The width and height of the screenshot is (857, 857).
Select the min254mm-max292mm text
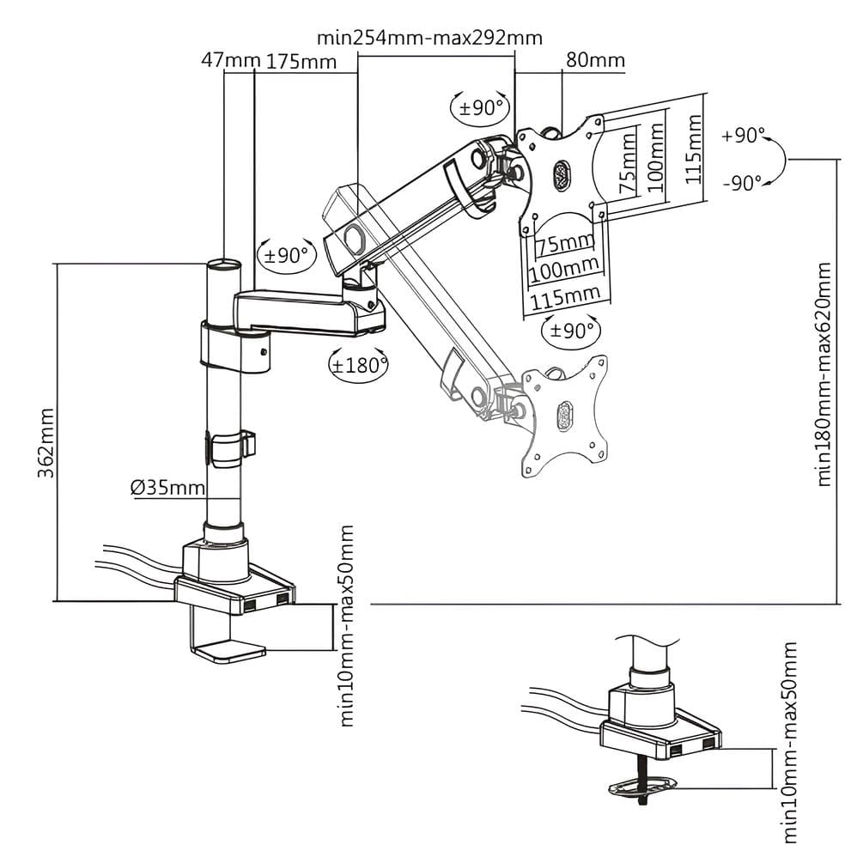(429, 38)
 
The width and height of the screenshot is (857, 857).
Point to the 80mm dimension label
(595, 61)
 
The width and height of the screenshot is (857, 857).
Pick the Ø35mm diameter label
(168, 488)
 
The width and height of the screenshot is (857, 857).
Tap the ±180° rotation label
(359, 364)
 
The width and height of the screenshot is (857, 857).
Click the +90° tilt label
(743, 136)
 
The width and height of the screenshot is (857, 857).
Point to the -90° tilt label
(743, 182)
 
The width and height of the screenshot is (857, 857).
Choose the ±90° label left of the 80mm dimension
(481, 107)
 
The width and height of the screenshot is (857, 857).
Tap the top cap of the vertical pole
(223, 262)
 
